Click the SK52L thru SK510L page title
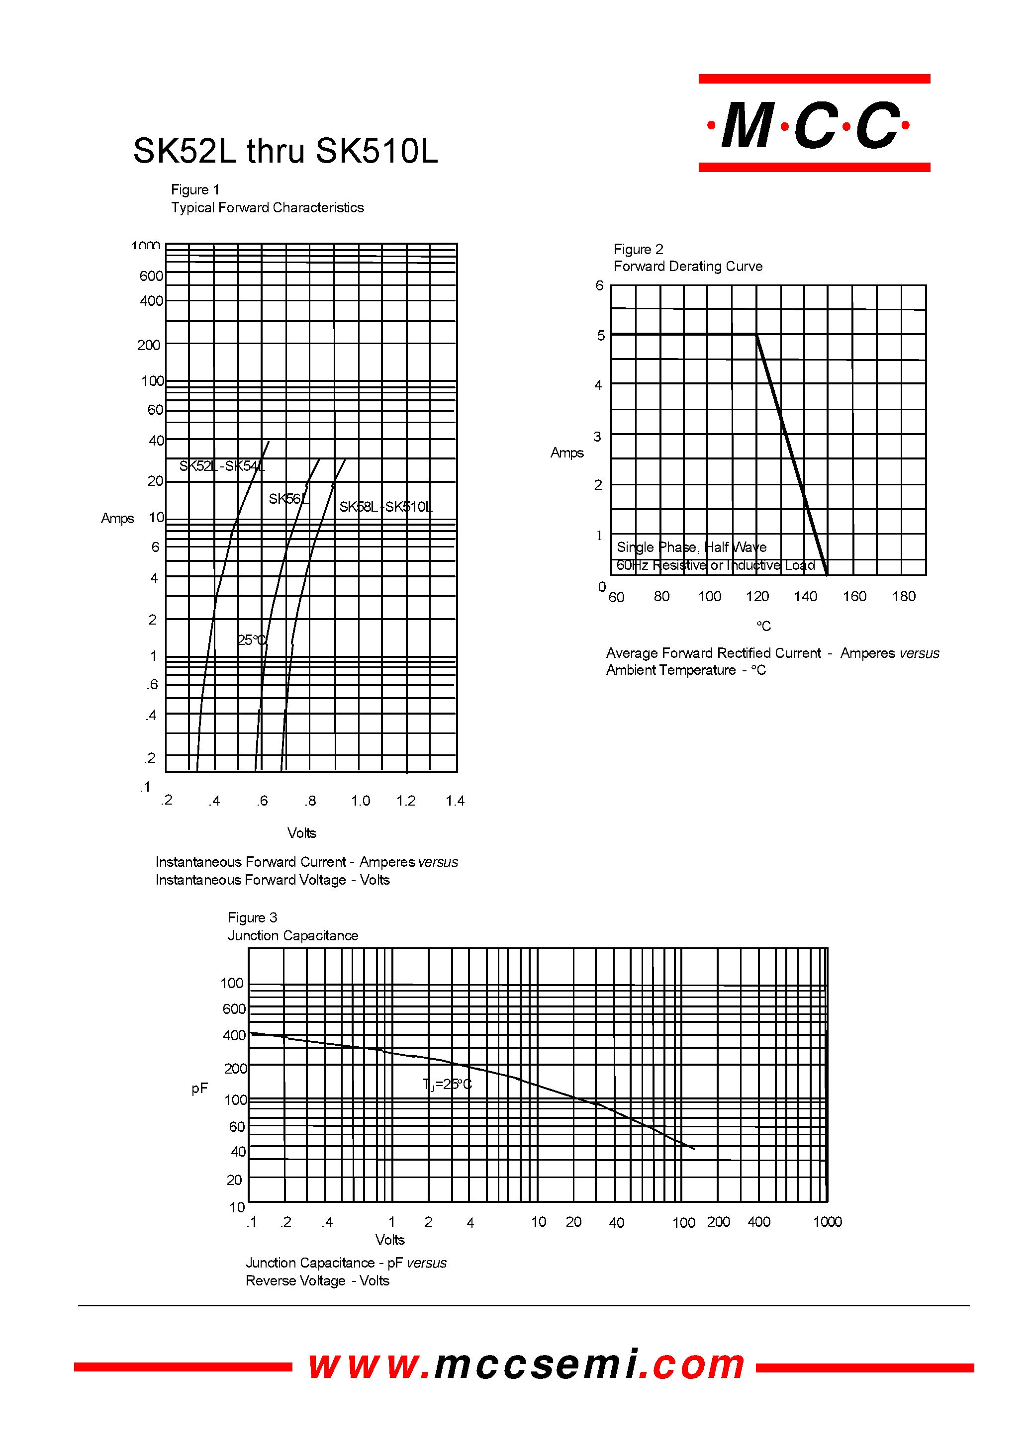click(285, 152)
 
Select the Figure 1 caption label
click(195, 189)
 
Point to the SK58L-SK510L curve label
click(385, 507)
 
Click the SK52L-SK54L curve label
click(222, 466)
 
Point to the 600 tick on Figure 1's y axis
click(151, 276)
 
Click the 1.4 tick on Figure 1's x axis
click(455, 801)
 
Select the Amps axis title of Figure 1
click(117, 518)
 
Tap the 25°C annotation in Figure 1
click(252, 640)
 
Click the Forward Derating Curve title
click(687, 266)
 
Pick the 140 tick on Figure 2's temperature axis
click(805, 596)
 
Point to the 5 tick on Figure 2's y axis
click(601, 335)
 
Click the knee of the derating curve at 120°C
click(756, 335)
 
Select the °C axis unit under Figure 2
click(763, 626)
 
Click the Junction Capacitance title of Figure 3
click(293, 936)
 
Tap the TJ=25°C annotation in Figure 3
click(447, 1084)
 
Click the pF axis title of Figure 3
click(199, 1089)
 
